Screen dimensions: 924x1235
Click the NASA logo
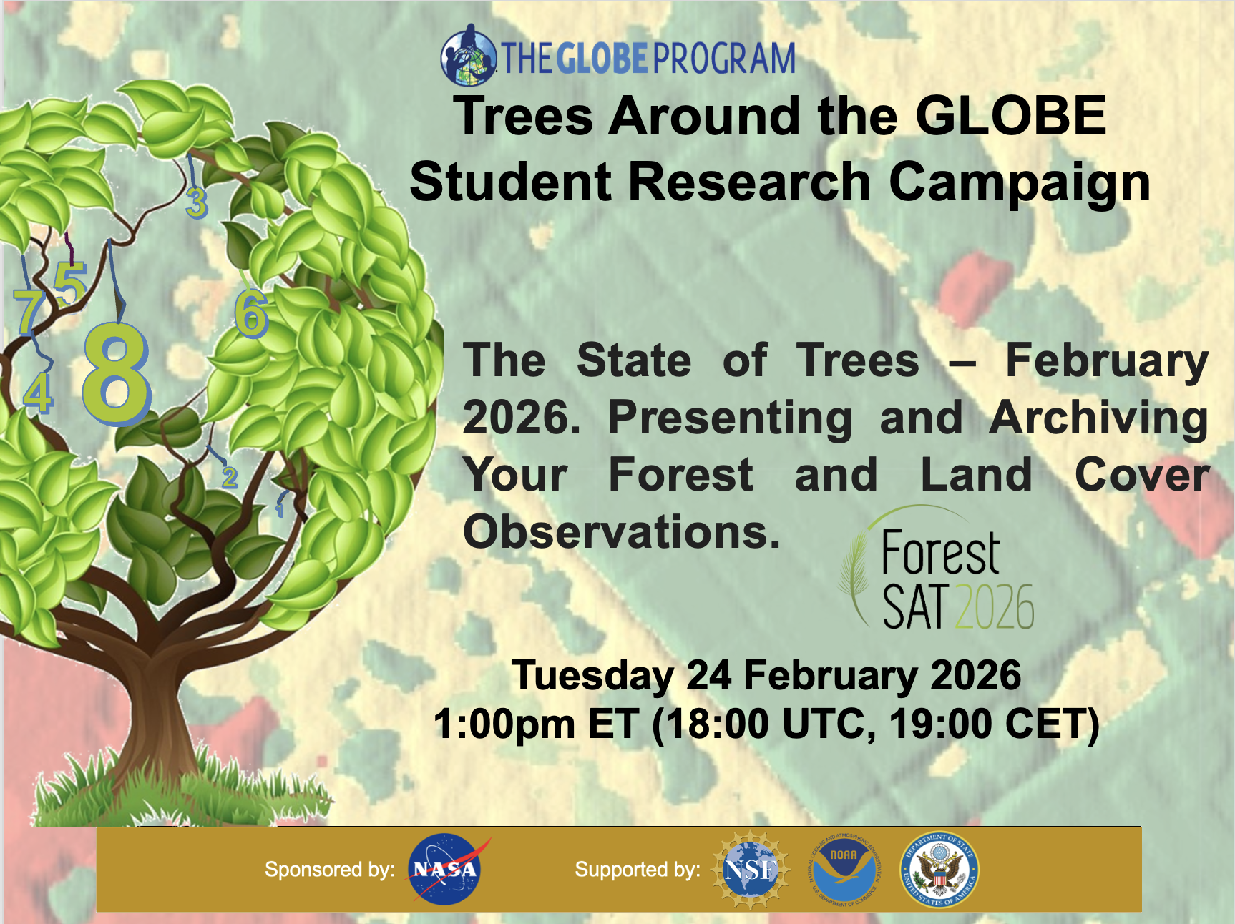444,869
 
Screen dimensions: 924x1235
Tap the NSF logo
750,869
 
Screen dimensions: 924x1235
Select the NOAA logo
844,869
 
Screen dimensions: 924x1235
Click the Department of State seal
939,869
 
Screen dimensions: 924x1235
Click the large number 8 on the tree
116,373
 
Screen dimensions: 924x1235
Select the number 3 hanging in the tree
196,203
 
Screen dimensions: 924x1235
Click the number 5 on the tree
70,283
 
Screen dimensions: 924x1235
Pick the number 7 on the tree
29,312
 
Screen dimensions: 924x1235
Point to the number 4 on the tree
38,393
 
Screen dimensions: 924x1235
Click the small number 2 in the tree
229,477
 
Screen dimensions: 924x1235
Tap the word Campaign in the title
1019,182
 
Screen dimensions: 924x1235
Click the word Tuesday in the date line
592,675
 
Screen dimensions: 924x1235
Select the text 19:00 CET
993,724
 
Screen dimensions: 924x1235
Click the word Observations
621,532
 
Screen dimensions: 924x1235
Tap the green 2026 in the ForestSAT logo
994,607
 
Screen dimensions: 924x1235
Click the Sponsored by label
329,870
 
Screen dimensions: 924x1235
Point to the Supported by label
637,870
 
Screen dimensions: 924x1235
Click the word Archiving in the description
1098,418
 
